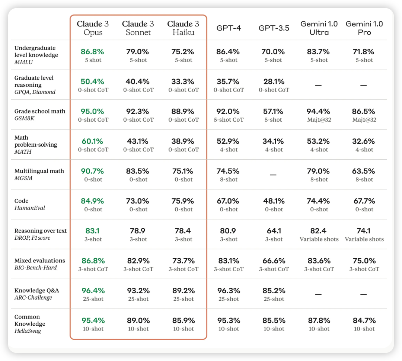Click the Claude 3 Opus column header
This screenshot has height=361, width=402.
click(93, 28)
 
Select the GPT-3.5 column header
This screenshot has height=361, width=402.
click(274, 28)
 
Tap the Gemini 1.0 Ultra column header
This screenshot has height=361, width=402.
click(319, 28)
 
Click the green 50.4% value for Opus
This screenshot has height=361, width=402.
click(93, 82)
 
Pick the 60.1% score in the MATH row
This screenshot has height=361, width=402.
click(93, 141)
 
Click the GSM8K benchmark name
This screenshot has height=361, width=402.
click(23, 118)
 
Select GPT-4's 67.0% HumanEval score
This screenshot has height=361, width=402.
click(228, 201)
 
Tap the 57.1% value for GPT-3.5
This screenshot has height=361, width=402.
click(274, 111)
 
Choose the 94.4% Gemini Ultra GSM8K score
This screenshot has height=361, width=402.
click(319, 111)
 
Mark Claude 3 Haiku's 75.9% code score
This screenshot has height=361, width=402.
click(183, 201)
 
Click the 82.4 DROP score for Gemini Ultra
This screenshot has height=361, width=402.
click(319, 231)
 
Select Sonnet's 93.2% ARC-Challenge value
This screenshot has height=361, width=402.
click(138, 291)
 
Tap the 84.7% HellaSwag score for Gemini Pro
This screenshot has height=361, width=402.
click(364, 320)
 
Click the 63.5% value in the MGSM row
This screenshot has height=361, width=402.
click(364, 171)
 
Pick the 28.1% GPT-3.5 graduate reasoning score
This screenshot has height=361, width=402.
click(274, 82)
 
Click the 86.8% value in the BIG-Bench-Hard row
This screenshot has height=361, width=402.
click(93, 261)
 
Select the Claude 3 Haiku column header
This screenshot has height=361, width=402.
click(183, 28)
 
